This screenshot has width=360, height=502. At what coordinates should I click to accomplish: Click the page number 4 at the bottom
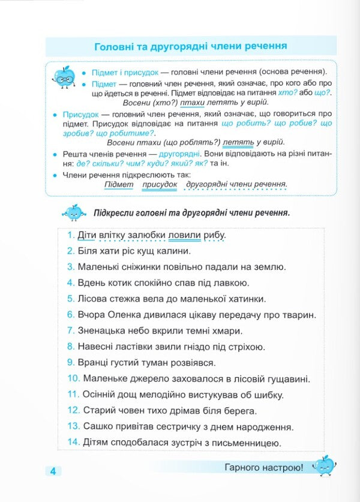[53, 471]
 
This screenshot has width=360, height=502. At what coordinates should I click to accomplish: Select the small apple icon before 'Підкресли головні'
[74, 212]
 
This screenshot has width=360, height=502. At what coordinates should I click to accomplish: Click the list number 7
[70, 330]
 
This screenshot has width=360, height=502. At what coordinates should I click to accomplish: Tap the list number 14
[73, 443]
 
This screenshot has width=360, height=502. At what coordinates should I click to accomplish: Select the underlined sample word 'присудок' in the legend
[160, 184]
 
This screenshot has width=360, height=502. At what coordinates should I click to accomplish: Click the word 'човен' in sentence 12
[130, 411]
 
